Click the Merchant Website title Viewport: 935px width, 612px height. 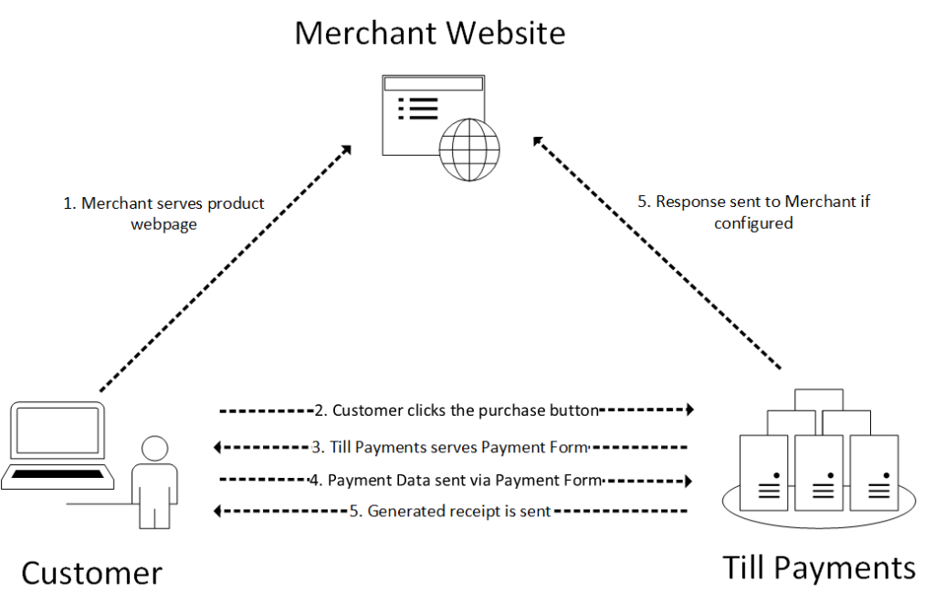429,33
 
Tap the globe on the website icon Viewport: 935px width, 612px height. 469,149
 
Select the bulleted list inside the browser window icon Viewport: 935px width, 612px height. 419,109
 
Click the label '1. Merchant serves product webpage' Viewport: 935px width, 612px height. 163,213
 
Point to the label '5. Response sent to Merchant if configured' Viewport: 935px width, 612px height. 753,212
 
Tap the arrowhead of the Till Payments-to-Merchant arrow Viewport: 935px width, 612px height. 539,142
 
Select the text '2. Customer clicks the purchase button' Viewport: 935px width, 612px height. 456,410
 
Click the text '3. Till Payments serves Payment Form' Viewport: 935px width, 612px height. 450,447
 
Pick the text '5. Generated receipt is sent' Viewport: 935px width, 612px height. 450,512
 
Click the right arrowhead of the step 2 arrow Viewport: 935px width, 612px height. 689,410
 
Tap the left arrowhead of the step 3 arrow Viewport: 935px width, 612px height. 217,447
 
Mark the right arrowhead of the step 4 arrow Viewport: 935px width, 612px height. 689,480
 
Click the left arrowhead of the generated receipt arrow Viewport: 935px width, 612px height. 217,512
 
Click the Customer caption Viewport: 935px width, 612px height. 91,574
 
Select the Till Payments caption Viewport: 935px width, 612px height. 819,567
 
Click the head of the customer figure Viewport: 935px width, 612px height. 154,449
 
